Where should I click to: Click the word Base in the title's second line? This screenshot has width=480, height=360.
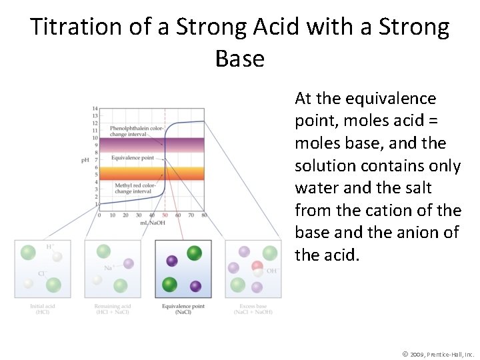click(240, 59)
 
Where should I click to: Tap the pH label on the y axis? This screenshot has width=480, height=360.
click(85, 160)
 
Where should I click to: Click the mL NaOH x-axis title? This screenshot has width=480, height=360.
click(152, 222)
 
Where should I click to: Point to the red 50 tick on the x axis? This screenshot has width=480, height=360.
click(165, 215)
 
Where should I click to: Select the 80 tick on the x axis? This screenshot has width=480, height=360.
click(204, 215)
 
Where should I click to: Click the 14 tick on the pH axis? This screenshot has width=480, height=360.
click(95, 108)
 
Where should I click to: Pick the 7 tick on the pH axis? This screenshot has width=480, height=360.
click(96, 160)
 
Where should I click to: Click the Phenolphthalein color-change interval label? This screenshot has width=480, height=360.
click(137, 131)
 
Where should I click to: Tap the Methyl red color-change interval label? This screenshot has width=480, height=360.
click(133, 188)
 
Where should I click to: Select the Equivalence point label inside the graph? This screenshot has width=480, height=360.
click(132, 158)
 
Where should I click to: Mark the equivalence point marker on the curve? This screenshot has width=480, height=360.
click(165, 160)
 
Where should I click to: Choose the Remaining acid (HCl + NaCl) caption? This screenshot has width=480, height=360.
click(112, 309)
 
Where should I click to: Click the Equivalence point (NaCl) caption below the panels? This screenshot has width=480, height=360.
click(183, 309)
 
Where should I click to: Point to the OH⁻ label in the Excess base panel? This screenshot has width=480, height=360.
click(272, 271)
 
